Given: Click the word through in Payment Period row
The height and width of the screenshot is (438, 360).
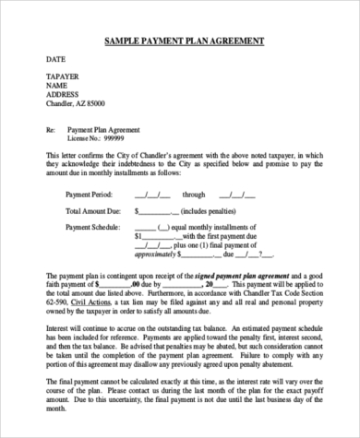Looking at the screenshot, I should (x=194, y=195).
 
